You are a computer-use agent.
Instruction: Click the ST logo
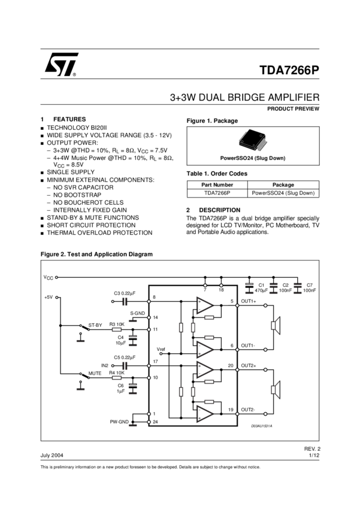pyautogui.click(x=60, y=64)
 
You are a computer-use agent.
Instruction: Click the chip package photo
pyautogui.click(x=253, y=140)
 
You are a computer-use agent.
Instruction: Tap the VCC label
pyautogui.click(x=48, y=277)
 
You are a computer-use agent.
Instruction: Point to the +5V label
pyautogui.click(x=49, y=297)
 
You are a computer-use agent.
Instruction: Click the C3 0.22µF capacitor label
pyautogui.click(x=125, y=293)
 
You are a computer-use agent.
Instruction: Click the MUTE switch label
pyautogui.click(x=95, y=372)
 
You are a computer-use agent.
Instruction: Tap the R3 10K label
pyautogui.click(x=117, y=324)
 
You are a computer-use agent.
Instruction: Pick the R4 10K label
pyautogui.click(x=117, y=372)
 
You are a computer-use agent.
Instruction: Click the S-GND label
pyautogui.click(x=138, y=313)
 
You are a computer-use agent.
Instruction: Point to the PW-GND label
pyautogui.click(x=119, y=422)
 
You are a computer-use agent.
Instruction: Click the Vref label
pyautogui.click(x=161, y=349)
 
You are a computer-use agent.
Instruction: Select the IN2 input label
pyautogui.click(x=105, y=365)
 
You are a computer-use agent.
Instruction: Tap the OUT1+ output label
pyautogui.click(x=249, y=301)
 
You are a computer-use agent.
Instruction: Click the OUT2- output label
pyautogui.click(x=249, y=409)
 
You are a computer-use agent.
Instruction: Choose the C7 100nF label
pyautogui.click(x=309, y=288)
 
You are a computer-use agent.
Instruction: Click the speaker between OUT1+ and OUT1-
pyautogui.click(x=275, y=325)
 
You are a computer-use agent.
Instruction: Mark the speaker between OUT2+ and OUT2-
pyautogui.click(x=275, y=390)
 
